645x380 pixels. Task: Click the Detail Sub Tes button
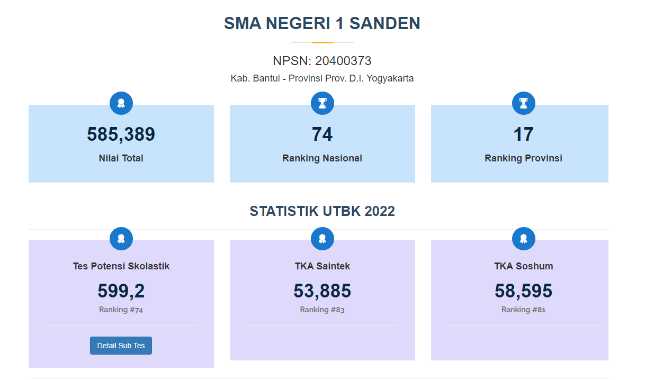(x=121, y=346)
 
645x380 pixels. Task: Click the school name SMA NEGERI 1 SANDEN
(x=322, y=23)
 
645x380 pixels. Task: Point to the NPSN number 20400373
(x=343, y=61)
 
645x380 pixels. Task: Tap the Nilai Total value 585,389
(x=121, y=134)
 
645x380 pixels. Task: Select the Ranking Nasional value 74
(x=322, y=134)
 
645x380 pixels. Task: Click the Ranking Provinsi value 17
(x=523, y=134)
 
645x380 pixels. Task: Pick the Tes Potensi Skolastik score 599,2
(x=121, y=291)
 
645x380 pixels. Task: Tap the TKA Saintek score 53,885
(x=322, y=291)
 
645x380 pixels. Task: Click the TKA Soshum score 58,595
(x=523, y=291)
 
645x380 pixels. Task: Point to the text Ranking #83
(x=322, y=310)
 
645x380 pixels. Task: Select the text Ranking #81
(x=523, y=310)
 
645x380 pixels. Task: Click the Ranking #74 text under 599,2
(x=121, y=310)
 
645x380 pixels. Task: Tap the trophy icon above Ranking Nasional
(x=322, y=103)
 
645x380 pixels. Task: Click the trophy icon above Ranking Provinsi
(x=524, y=103)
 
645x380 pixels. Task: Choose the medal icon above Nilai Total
(x=121, y=103)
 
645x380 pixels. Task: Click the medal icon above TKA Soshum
(x=524, y=239)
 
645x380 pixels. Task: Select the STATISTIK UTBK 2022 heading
(x=322, y=211)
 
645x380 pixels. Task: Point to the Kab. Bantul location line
(x=322, y=78)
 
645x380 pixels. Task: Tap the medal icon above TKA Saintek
(x=322, y=239)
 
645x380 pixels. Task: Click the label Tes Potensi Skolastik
(x=121, y=266)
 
